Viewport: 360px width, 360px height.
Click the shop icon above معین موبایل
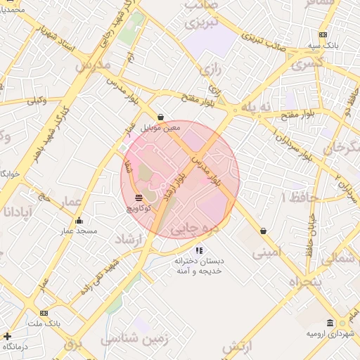click(x=161, y=117)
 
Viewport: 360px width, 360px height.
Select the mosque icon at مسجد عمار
click(x=78, y=221)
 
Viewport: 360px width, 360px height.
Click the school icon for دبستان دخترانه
click(x=199, y=250)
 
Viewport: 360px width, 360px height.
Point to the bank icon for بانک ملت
click(x=44, y=313)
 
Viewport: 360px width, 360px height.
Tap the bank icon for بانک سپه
click(x=322, y=34)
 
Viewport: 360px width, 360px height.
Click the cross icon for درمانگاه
click(x=7, y=336)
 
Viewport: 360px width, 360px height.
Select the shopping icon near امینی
click(x=263, y=230)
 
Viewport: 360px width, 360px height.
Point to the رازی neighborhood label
click(x=207, y=70)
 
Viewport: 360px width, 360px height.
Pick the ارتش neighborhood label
click(x=238, y=347)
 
